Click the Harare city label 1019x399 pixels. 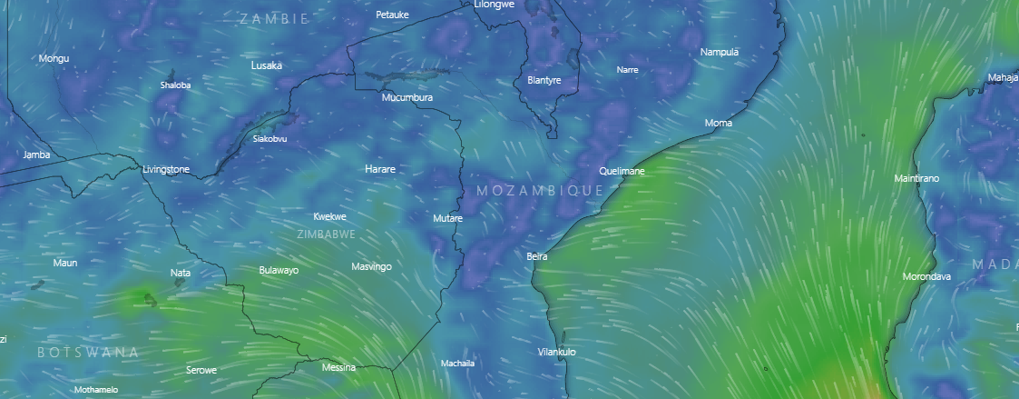[x=380, y=169]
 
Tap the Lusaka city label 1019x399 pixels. [x=267, y=65]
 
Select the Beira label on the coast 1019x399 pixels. [x=537, y=256]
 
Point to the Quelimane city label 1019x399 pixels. [x=622, y=171]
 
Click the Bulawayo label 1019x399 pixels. [x=279, y=270]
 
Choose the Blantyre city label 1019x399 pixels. [x=544, y=80]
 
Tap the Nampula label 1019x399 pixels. [x=720, y=52]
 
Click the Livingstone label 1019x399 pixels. [x=166, y=169]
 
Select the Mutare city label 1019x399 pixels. [x=448, y=218]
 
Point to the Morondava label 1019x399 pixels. [x=926, y=276]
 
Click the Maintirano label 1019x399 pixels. [x=916, y=178]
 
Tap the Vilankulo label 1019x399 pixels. [x=557, y=352]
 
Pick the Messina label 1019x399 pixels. [x=338, y=368]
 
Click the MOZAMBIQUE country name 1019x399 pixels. [x=540, y=190]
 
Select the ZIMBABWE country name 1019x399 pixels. [x=327, y=234]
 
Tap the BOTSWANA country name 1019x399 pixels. [x=88, y=351]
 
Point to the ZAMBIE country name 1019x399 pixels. [x=274, y=18]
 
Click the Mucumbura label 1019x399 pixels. [x=407, y=97]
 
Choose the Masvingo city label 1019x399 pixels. [x=371, y=266]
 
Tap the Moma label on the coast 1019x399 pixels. [x=719, y=123]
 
